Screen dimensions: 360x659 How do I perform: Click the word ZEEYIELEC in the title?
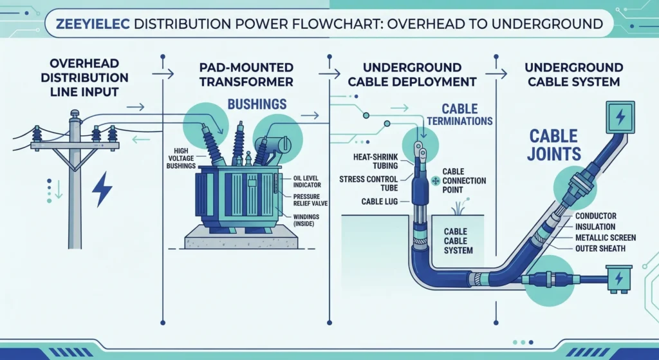[x=93, y=24]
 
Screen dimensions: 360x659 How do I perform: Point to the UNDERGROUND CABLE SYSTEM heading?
[x=573, y=74]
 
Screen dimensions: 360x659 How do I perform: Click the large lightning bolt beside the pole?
[x=102, y=189]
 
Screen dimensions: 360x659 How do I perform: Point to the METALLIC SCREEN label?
[x=606, y=238]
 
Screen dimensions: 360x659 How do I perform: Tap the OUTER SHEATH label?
[x=604, y=249]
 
